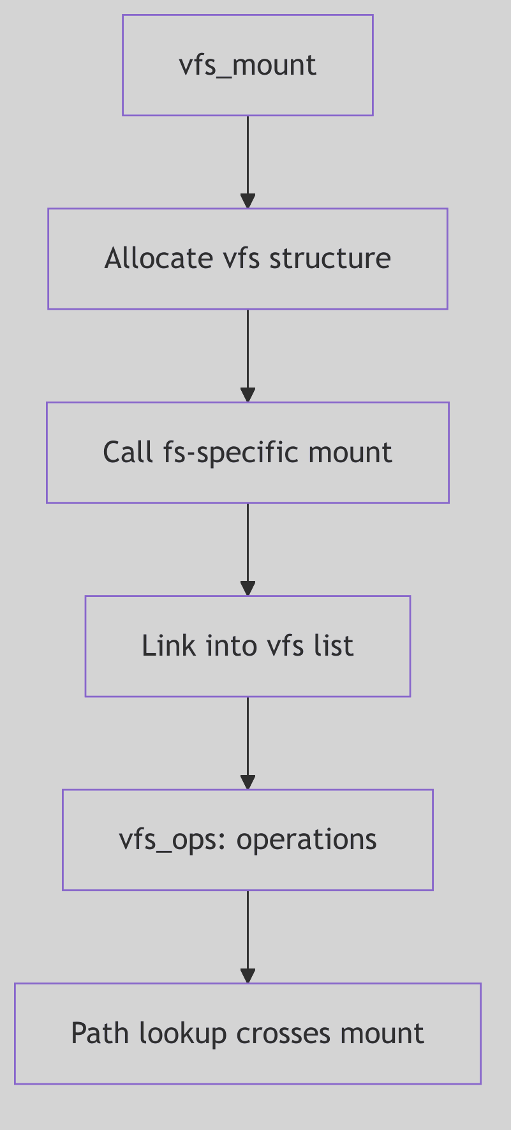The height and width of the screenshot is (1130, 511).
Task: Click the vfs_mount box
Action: [248, 65]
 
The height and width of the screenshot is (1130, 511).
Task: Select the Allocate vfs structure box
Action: [248, 259]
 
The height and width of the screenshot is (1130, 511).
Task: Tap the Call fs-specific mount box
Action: [248, 453]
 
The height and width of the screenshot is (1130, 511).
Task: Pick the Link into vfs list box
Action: [248, 646]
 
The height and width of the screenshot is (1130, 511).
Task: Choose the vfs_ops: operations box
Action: [248, 840]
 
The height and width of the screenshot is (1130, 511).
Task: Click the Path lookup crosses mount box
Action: [248, 1034]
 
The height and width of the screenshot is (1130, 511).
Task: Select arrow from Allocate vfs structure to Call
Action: [248, 356]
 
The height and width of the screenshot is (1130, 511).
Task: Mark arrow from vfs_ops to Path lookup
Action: [248, 937]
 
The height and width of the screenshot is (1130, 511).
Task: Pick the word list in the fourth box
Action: [332, 646]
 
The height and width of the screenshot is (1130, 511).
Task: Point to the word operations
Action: [307, 840]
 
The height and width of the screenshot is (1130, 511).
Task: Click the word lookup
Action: [183, 1034]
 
